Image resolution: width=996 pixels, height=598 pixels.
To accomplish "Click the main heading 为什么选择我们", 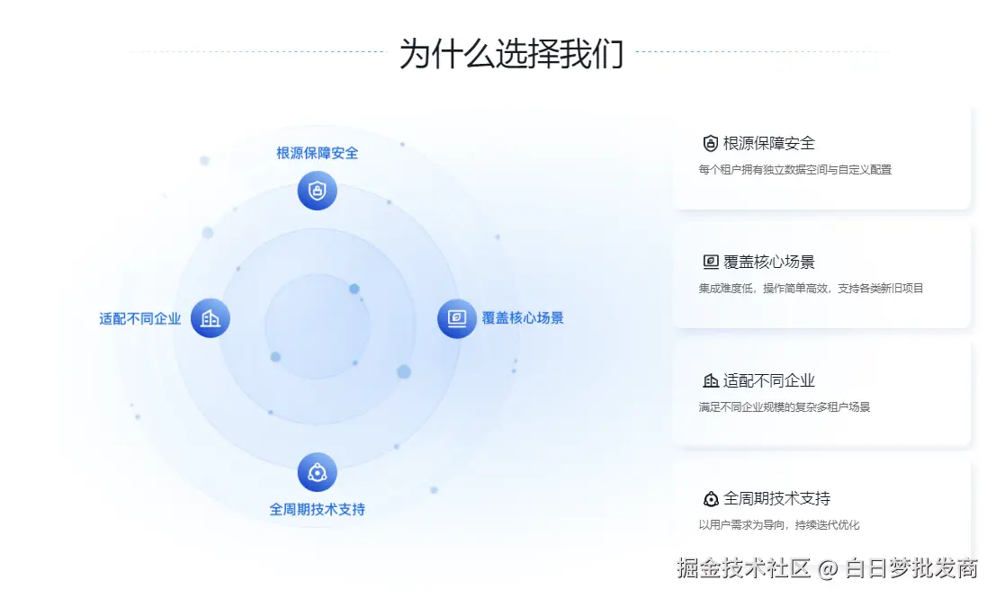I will [511, 53].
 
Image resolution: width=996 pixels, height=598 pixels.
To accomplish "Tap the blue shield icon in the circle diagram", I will [317, 191].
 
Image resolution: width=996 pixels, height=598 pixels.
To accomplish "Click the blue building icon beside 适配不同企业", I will [211, 318].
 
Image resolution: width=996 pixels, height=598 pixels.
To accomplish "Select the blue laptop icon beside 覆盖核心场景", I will [457, 318].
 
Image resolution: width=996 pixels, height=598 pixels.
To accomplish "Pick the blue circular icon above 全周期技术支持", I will [317, 472].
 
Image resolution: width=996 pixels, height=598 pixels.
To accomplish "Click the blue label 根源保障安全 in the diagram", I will [317, 153].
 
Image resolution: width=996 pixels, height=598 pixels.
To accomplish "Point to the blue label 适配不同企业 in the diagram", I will [140, 318].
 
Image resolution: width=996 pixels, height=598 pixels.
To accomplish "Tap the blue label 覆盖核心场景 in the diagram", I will [523, 317].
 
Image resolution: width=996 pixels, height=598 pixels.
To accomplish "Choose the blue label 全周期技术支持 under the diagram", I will [317, 509].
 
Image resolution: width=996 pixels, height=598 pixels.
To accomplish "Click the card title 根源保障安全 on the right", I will [769, 143].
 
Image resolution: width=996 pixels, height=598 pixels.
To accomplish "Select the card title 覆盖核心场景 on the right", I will [769, 262].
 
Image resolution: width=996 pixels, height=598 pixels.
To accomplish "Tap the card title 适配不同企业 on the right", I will [769, 380].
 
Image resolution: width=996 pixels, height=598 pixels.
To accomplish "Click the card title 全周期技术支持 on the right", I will [776, 498].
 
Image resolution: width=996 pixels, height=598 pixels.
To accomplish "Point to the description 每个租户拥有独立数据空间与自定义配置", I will [794, 169].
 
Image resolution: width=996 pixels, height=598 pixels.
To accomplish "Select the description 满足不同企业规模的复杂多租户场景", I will [784, 406].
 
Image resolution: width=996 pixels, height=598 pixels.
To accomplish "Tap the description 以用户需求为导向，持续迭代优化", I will [772, 524].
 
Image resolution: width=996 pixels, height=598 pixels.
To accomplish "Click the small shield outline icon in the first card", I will [711, 143].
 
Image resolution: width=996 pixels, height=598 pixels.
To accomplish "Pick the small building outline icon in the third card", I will [711, 380].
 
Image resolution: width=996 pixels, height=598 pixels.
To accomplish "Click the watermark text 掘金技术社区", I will [743, 568].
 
